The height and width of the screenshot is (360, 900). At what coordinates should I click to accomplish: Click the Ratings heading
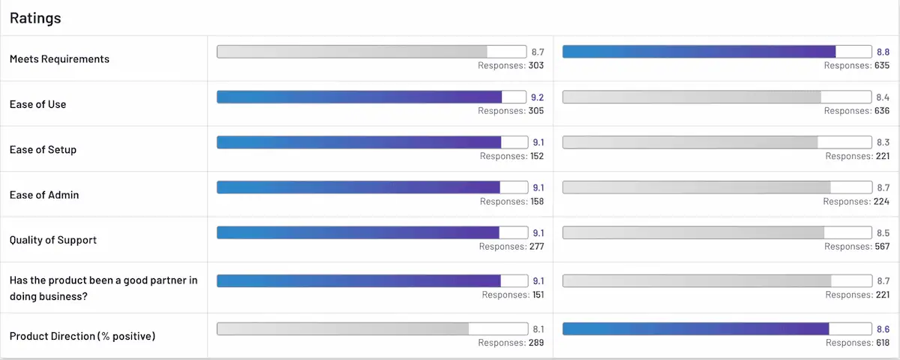(35, 18)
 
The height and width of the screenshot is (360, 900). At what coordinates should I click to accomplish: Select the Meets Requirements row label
(59, 59)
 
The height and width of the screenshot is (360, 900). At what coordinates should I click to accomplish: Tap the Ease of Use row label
(37, 104)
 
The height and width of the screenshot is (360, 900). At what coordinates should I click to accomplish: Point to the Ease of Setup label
(43, 149)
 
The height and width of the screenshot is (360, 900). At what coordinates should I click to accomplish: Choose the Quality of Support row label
(52, 240)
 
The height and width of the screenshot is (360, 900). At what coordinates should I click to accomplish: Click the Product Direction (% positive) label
(82, 336)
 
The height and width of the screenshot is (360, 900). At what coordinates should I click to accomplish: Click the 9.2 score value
(538, 97)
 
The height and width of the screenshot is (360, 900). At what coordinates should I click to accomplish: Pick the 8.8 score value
(883, 52)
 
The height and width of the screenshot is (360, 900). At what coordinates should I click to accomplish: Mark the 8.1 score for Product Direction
(538, 328)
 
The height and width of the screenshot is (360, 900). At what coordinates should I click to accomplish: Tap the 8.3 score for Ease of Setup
(883, 142)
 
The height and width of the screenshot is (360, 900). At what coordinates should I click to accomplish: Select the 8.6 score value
(883, 328)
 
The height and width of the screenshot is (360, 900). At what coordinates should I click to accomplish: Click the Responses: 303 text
(511, 66)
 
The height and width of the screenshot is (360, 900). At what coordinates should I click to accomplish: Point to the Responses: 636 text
(856, 111)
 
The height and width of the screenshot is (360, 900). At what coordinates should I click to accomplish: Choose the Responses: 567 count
(856, 247)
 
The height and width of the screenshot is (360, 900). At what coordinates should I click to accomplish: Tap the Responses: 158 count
(511, 202)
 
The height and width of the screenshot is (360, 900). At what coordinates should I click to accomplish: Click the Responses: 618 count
(856, 343)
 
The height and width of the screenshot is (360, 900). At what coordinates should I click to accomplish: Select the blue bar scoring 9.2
(359, 97)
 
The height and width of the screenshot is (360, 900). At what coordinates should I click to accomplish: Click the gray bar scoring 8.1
(343, 328)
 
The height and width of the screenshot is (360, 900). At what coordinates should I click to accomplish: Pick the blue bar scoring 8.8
(699, 52)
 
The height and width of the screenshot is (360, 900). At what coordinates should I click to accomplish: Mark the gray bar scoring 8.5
(693, 232)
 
